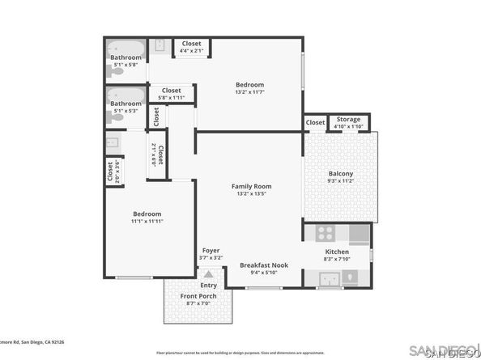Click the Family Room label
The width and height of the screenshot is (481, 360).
click(250, 187)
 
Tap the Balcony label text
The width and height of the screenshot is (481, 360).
click(340, 174)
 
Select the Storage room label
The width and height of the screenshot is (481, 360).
click(348, 120)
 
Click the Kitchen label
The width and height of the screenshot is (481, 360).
click(337, 252)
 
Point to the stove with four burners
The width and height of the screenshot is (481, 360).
click(325, 234)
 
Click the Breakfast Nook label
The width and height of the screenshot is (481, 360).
click(263, 265)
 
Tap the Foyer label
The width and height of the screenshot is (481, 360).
click(210, 251)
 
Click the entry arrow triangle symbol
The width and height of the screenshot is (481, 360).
click(209, 275)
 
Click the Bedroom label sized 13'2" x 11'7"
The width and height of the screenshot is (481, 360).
click(249, 84)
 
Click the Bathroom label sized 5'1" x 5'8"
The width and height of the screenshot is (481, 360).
click(126, 57)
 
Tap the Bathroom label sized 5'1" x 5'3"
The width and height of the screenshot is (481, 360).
click(126, 104)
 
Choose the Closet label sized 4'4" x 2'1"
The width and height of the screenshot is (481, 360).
click(191, 44)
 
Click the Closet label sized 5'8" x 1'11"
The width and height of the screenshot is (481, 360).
click(171, 91)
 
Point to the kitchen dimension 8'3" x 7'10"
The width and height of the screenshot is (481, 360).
click(337, 259)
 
